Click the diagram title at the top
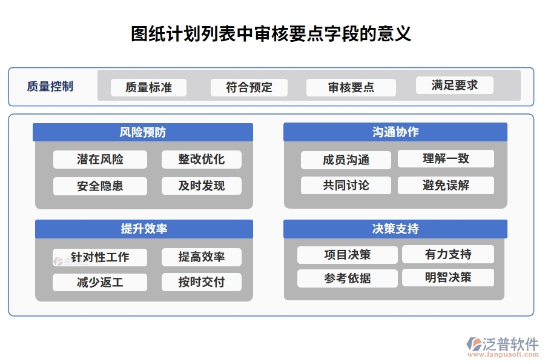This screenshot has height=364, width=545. pyautogui.click(x=271, y=33)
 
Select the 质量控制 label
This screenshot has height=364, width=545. pyautogui.click(x=50, y=86)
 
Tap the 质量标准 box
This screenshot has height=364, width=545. pyautogui.click(x=148, y=87)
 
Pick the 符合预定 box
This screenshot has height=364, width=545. pyautogui.click(x=249, y=87)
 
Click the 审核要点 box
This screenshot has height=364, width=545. pyautogui.click(x=351, y=87)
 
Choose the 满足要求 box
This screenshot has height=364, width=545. pyautogui.click(x=455, y=86)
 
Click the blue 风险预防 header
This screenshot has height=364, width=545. pyautogui.click(x=143, y=132)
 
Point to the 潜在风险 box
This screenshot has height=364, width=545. pyautogui.click(x=100, y=160)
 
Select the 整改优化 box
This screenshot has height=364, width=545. pyautogui.click(x=202, y=160)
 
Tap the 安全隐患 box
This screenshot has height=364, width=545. pyautogui.click(x=100, y=186)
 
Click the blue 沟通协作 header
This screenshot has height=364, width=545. pyautogui.click(x=395, y=132)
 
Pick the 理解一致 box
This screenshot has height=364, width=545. pyautogui.click(x=446, y=159)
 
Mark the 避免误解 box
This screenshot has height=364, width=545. pyautogui.click(x=446, y=186)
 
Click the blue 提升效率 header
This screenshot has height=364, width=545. pyautogui.click(x=144, y=229)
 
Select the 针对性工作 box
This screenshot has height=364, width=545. pyautogui.click(x=100, y=257)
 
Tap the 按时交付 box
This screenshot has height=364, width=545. pyautogui.click(x=202, y=282)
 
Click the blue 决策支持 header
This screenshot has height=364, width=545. pyautogui.click(x=395, y=229)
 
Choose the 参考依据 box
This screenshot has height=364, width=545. pyautogui.click(x=348, y=278)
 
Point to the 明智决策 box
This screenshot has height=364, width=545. pyautogui.click(x=448, y=278)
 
